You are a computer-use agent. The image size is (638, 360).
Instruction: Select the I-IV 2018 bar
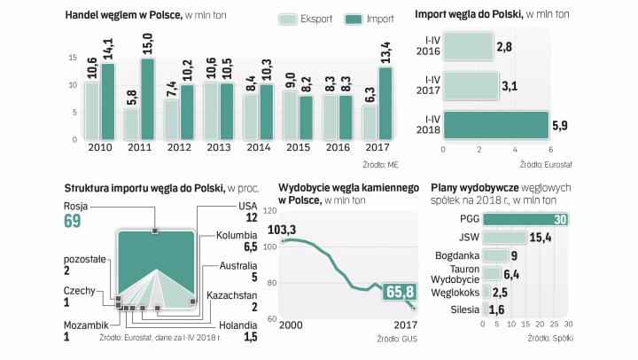(x=496, y=125)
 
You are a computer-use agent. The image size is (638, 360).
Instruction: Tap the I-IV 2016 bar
(x=469, y=45)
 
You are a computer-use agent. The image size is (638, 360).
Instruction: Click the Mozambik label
(x=86, y=325)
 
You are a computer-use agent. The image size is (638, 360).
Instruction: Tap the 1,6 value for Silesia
(x=499, y=309)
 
